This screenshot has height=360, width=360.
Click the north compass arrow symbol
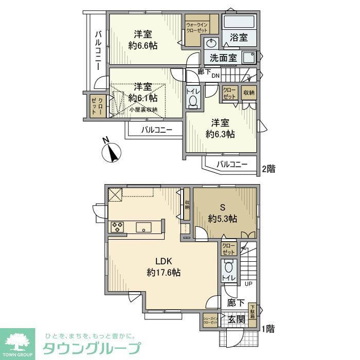[x=111, y=151]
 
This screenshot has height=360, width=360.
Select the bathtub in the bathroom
[x=239, y=23]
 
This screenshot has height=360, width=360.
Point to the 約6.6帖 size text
[x=142, y=45]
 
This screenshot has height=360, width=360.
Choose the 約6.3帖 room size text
[x=220, y=134]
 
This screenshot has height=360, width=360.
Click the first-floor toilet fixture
[x=229, y=269]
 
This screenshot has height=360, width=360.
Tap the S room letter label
[x=223, y=208]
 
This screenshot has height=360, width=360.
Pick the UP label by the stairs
[x=248, y=283]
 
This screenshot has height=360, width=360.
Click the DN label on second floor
[x=216, y=76]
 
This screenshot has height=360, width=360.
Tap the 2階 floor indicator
[x=268, y=168]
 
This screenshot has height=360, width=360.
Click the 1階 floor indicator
[x=268, y=329]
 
